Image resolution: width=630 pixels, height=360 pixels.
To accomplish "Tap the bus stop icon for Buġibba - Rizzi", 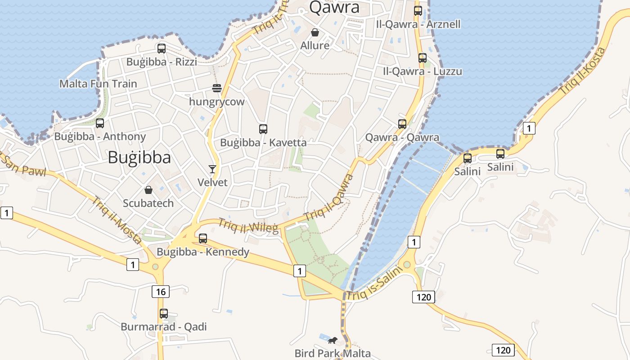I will [x=161, y=48].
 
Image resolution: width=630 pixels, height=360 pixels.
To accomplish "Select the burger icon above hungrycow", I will [x=217, y=88].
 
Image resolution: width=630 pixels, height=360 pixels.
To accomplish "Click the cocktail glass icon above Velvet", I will [x=212, y=169].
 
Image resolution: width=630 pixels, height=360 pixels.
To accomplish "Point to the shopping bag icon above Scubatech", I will [x=148, y=190].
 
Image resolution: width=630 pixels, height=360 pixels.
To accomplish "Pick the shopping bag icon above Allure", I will [x=315, y=32].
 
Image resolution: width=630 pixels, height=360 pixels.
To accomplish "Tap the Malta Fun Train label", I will [x=98, y=84].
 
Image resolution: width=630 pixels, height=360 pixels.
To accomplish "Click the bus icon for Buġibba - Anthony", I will [x=100, y=123].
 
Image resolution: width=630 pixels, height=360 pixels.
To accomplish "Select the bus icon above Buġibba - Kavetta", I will [x=263, y=129].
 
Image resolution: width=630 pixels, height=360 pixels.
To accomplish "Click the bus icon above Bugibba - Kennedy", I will [x=203, y=238].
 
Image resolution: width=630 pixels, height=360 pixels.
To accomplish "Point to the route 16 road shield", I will [x=161, y=292].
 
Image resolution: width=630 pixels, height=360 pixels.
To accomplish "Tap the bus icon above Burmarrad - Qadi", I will [x=164, y=313].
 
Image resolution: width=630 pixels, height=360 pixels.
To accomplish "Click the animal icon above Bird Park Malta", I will [x=333, y=340].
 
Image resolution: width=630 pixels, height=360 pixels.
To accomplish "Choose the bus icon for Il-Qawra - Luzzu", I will [x=422, y=58].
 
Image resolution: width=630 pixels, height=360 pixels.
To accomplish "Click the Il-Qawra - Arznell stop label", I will [x=418, y=24].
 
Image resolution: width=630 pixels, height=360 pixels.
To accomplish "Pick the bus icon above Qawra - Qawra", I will [x=402, y=124].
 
